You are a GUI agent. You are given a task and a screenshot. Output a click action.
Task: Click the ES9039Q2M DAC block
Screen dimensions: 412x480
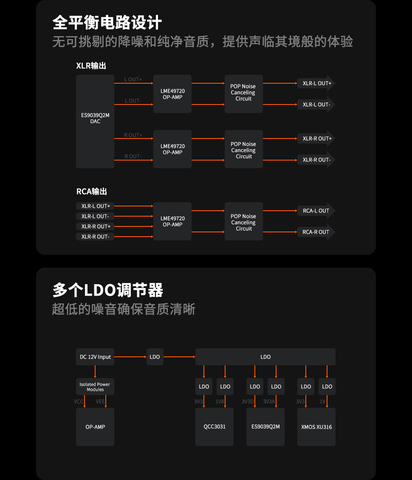tap(95, 121)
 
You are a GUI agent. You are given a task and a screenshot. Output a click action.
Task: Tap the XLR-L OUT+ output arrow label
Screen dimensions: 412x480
tap(316, 83)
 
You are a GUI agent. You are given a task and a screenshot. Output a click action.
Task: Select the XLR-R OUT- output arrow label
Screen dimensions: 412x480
tap(316, 160)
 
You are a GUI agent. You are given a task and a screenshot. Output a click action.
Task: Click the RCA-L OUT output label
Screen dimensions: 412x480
tap(316, 211)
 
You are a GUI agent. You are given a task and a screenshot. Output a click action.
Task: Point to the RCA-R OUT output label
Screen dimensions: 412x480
tap(316, 232)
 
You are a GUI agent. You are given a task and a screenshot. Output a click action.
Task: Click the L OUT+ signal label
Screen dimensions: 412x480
tap(133, 79)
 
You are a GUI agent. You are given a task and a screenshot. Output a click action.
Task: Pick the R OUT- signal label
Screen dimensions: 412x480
tap(133, 156)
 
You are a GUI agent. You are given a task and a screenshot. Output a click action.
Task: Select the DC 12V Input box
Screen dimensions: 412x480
tap(95, 357)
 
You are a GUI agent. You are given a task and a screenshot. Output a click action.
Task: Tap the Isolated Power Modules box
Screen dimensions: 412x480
tap(95, 387)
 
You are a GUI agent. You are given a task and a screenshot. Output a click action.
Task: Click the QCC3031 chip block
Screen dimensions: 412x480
tap(214, 426)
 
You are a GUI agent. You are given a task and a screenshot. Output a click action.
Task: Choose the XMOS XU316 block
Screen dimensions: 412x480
tap(316, 426)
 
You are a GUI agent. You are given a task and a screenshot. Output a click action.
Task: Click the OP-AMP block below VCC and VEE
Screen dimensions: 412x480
tap(95, 426)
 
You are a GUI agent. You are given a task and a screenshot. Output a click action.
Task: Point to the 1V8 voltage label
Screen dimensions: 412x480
tap(220, 401)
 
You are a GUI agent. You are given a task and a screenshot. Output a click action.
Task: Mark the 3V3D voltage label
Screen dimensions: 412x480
tap(248, 401)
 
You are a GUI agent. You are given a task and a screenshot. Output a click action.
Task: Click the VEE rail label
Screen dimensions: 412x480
tap(100, 401)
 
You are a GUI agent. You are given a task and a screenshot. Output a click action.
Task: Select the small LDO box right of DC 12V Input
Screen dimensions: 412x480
tap(155, 357)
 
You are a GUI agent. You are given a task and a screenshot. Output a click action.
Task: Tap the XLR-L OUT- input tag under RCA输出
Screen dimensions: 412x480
tap(95, 216)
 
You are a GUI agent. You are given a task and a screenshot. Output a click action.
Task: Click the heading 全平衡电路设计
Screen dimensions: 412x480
tap(107, 23)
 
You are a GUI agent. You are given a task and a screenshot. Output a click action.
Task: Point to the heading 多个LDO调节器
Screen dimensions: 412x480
tap(108, 291)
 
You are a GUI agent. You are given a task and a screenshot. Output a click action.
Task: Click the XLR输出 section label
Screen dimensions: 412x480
tap(91, 66)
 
